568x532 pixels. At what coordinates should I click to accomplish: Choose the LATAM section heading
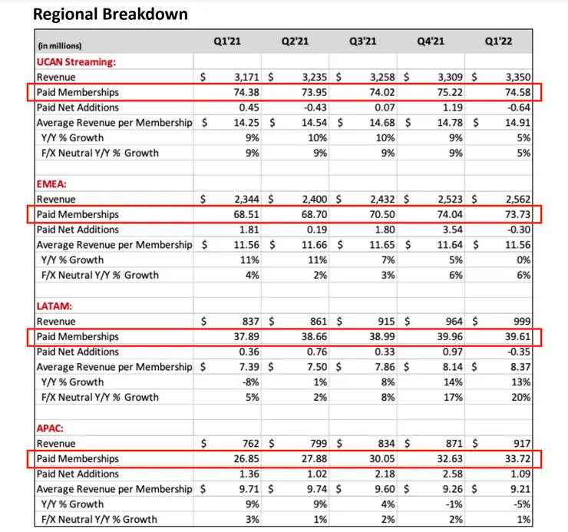pyautogui.click(x=54, y=306)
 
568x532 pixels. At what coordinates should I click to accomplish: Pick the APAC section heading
pyautogui.click(x=52, y=428)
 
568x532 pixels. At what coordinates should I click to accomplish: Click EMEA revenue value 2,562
pyautogui.click(x=517, y=199)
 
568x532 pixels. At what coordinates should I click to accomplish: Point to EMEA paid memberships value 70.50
pyautogui.click(x=379, y=214)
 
